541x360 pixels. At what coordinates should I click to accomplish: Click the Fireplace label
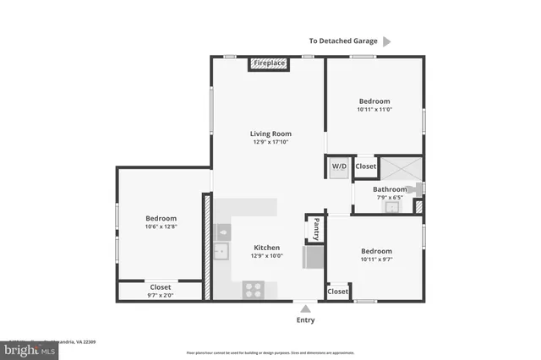pyautogui.click(x=270, y=63)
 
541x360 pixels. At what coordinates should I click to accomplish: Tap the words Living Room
pyautogui.click(x=270, y=134)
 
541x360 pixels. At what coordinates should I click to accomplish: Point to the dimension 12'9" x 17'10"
pyautogui.click(x=270, y=142)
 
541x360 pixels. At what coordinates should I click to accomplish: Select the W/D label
pyautogui.click(x=339, y=166)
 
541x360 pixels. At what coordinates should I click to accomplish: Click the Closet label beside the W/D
pyautogui.click(x=365, y=166)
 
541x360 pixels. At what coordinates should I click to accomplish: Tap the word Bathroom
pyautogui.click(x=390, y=189)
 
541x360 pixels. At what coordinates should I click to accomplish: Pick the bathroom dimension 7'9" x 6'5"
pyautogui.click(x=390, y=198)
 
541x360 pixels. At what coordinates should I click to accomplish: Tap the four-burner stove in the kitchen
pyautogui.click(x=254, y=290)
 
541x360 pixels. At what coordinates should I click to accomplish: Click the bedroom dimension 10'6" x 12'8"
pyautogui.click(x=161, y=226)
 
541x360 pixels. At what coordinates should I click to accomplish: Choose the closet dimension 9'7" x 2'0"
pyautogui.click(x=161, y=295)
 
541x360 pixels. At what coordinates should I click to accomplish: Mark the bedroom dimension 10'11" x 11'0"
pyautogui.click(x=374, y=109)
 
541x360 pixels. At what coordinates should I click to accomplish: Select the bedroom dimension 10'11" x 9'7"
pyautogui.click(x=376, y=259)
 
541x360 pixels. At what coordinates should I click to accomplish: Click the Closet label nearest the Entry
pyautogui.click(x=337, y=292)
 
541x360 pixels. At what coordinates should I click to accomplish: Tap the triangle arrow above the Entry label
pyautogui.click(x=305, y=308)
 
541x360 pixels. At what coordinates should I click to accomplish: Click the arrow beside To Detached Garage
pyautogui.click(x=387, y=41)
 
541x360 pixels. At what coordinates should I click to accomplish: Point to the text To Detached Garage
pyautogui.click(x=342, y=41)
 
